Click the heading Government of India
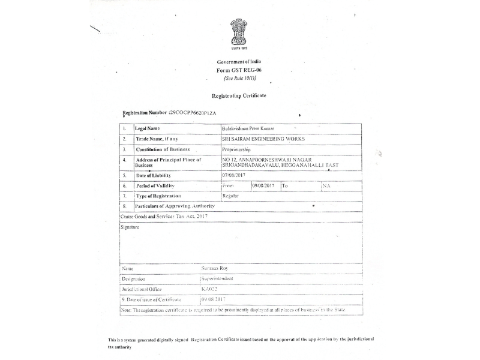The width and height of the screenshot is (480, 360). tap(239, 62)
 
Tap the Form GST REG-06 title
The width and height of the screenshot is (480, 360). tap(239, 70)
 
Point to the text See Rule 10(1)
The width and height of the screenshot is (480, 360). tap(239, 78)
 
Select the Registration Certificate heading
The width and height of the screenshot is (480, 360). tap(239, 95)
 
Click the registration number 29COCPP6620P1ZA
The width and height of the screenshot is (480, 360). tap(194, 112)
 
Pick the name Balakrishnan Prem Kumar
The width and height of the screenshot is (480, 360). tap(248, 128)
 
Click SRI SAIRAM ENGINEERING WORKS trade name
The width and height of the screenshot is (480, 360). tap(263, 139)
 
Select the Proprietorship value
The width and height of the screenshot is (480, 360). tap(236, 149)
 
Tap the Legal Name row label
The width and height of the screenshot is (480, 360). tap(148, 128)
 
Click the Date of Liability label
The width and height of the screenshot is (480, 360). tap(154, 175)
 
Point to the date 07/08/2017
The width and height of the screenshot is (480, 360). tap(235, 175)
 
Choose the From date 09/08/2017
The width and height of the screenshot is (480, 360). tap(263, 186)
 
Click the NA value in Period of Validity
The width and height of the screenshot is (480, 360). tap(326, 186)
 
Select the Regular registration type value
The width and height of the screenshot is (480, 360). tap(231, 196)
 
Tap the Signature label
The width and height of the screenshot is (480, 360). tap(130, 227)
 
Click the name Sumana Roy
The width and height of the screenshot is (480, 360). tap(216, 269)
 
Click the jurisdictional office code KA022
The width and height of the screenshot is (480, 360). tap(209, 289)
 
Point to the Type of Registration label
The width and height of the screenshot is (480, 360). tap(158, 196)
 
